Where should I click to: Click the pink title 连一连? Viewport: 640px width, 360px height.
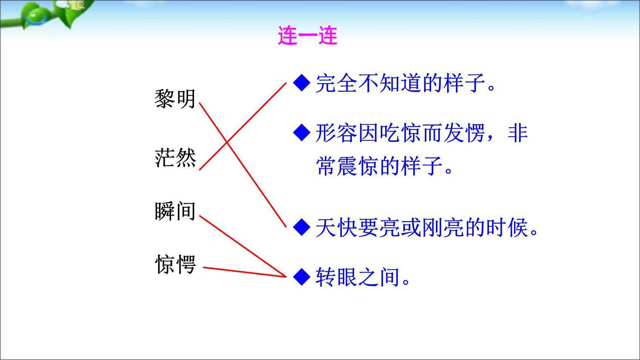tap(307, 36)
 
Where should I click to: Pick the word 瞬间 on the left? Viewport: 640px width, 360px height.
tap(175, 211)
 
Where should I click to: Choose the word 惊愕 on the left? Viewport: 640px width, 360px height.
tap(175, 264)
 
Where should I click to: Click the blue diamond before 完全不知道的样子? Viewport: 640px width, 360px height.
tap(301, 83)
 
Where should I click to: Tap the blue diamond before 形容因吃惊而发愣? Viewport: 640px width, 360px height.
tap(301, 133)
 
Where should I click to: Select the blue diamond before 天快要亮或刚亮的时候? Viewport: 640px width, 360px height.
tap(301, 227)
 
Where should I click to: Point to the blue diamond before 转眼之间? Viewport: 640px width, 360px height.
tap(301, 277)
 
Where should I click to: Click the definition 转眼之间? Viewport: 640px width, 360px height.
tap(363, 277)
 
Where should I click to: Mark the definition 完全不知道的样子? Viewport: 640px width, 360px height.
tap(405, 83)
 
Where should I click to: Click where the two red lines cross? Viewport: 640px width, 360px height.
tap(227, 142)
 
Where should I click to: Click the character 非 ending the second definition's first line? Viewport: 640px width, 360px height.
tap(517, 133)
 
